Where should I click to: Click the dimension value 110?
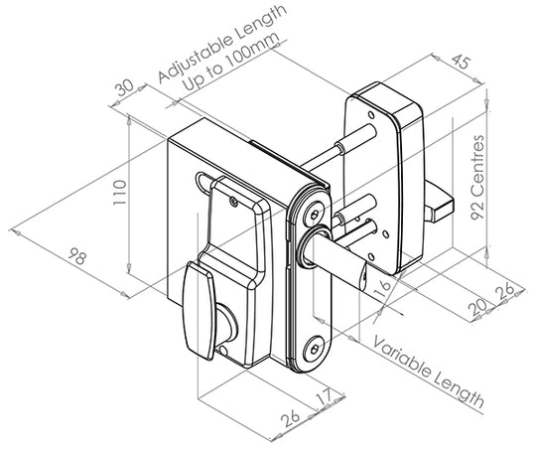point(120,193)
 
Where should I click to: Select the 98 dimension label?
point(77,256)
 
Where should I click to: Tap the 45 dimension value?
point(462,63)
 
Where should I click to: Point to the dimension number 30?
point(125,87)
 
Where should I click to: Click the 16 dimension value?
point(383,289)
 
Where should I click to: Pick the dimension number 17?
point(325,396)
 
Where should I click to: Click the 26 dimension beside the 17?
point(290,418)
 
